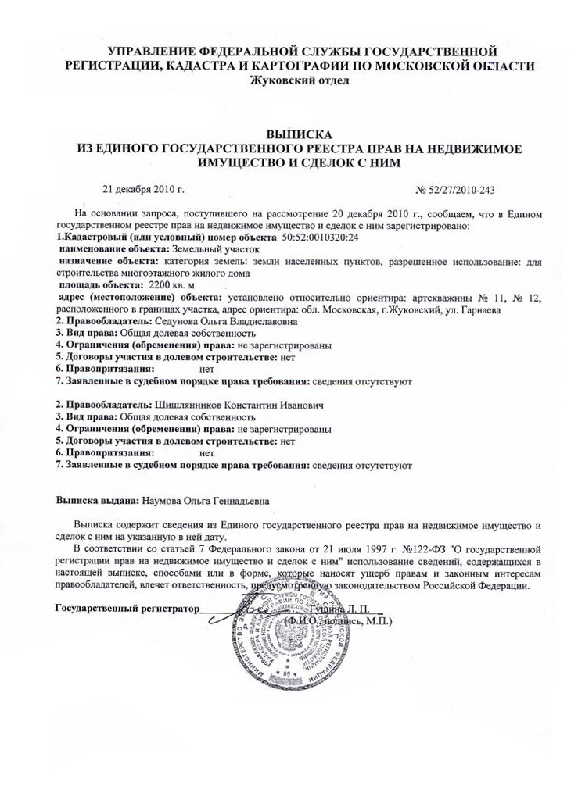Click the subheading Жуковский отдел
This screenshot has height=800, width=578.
pyautogui.click(x=289, y=80)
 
